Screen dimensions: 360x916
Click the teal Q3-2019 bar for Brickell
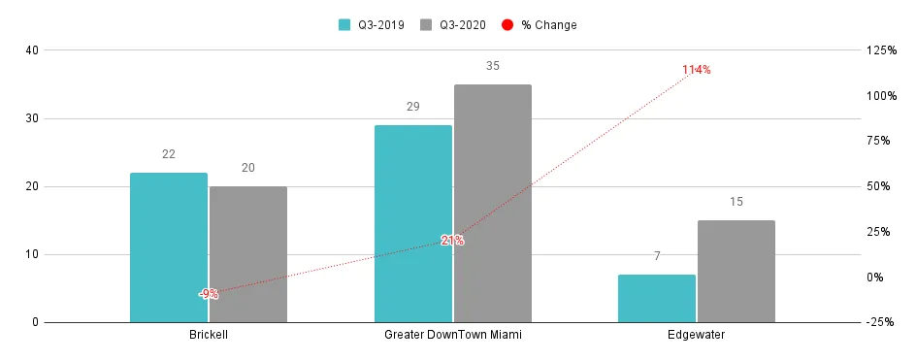click(169, 247)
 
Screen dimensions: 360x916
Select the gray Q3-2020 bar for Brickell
click(248, 254)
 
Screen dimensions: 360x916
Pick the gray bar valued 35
click(493, 204)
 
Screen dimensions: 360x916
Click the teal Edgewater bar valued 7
click(657, 298)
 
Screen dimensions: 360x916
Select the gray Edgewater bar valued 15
click(736, 272)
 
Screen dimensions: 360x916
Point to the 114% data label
click(696, 70)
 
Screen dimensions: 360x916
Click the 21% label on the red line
click(452, 240)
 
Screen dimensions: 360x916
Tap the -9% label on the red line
click(209, 293)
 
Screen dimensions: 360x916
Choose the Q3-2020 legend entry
click(454, 25)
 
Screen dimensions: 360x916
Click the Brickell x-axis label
click(209, 335)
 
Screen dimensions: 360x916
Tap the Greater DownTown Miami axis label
click(453, 335)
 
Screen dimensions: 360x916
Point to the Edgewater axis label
click(697, 335)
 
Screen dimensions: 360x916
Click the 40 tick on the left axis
click(32, 50)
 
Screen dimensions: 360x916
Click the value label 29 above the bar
click(412, 106)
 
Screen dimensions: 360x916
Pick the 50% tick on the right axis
click(879, 186)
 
